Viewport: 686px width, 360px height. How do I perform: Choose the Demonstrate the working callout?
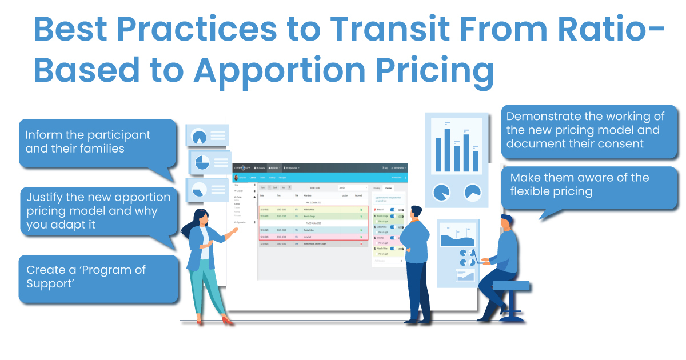click(592, 130)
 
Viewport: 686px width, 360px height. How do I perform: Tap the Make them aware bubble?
click(592, 185)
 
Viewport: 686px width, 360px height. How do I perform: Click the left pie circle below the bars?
click(442, 193)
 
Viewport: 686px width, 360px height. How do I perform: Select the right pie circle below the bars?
click(473, 193)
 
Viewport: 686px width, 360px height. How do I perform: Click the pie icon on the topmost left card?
click(200, 137)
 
